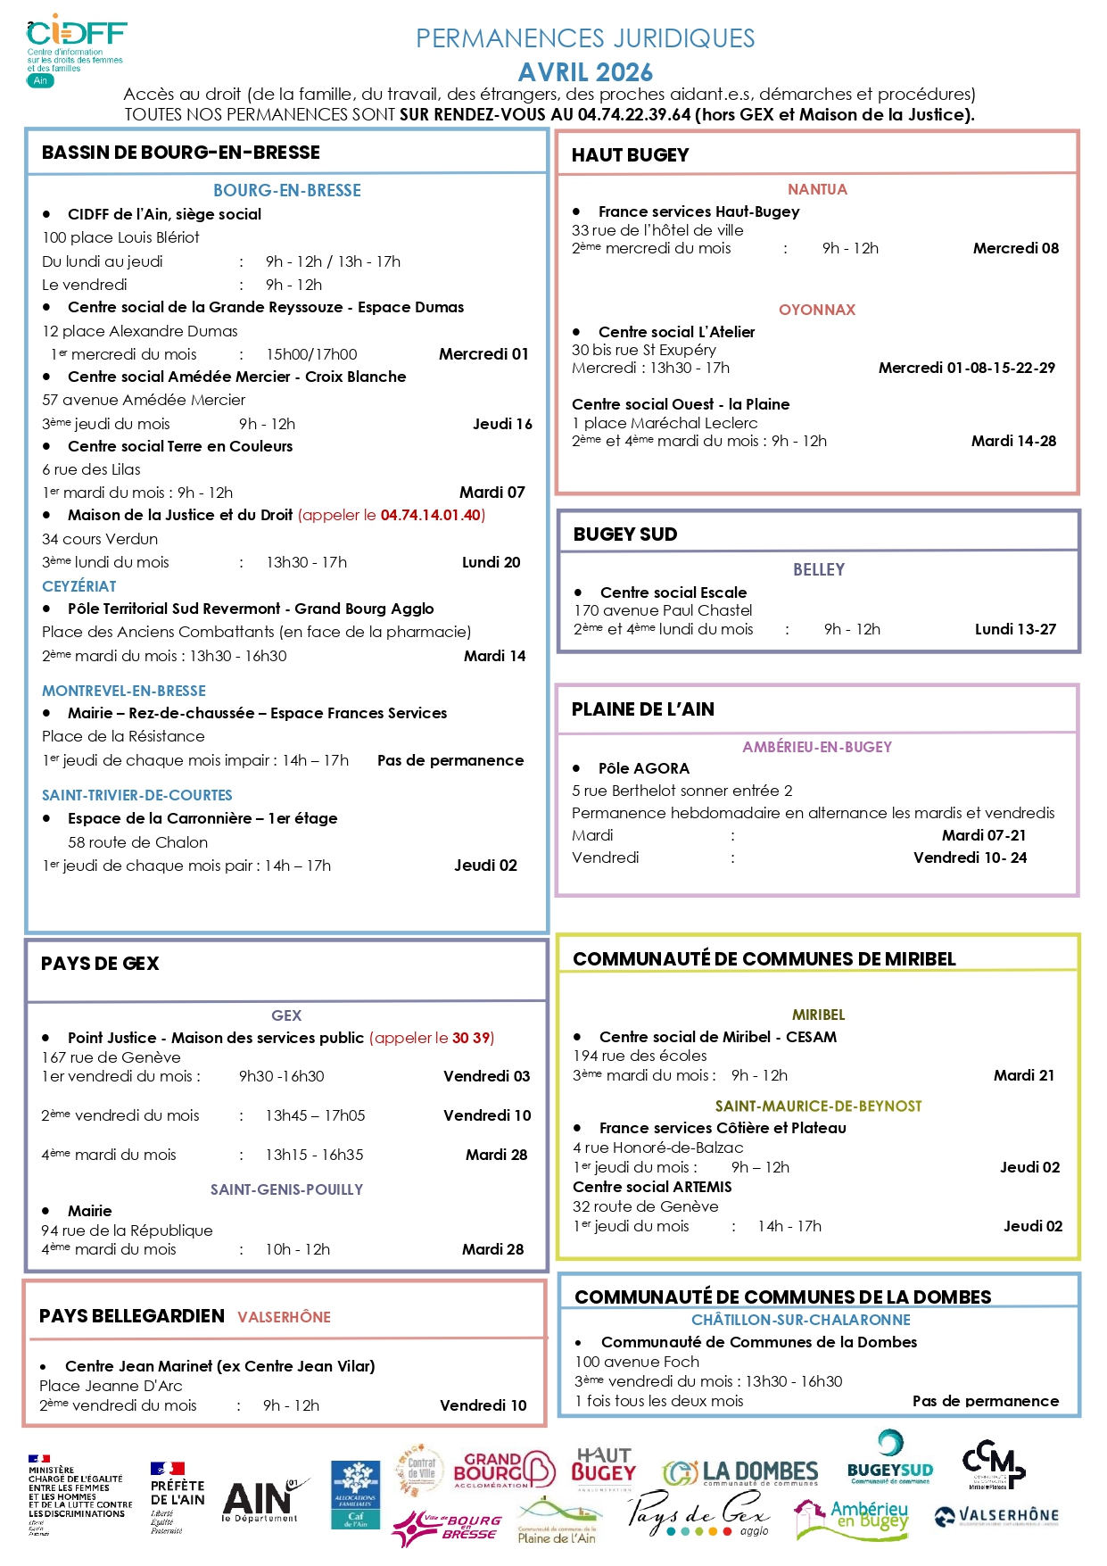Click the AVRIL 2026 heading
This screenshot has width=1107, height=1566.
(585, 72)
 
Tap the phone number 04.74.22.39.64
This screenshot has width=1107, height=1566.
(634, 114)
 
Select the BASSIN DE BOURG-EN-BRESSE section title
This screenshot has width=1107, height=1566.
(180, 153)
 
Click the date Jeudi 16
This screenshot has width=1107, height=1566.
(502, 424)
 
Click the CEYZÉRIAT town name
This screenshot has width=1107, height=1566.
(79, 586)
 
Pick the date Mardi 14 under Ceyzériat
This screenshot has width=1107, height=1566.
(494, 656)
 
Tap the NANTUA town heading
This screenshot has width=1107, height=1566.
(817, 189)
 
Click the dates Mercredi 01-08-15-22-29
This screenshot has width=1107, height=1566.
(966, 368)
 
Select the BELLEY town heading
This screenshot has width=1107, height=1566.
(819, 569)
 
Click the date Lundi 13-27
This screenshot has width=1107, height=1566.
(1015, 629)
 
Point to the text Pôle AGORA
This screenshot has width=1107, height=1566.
(644, 768)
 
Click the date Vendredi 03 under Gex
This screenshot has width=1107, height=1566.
(486, 1076)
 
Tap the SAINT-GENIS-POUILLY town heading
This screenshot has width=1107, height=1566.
(286, 1189)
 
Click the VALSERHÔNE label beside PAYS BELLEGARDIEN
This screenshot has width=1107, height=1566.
(284, 1317)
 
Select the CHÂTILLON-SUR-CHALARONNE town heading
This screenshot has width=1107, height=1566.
(801, 1320)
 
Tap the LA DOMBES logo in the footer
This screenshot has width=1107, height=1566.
(740, 1471)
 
